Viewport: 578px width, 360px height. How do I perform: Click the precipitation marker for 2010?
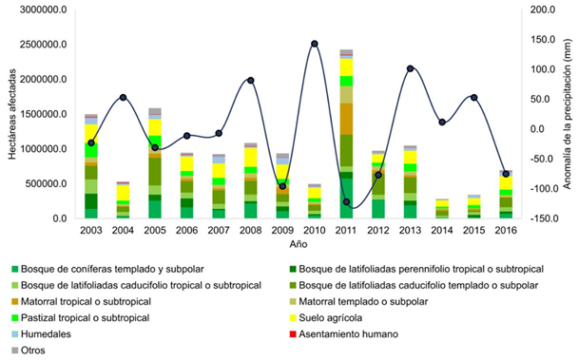click(314, 44)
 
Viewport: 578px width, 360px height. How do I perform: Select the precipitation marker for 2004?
click(123, 98)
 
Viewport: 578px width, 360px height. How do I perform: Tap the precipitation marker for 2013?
click(410, 68)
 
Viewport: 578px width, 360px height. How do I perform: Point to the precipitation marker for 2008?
click(250, 80)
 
